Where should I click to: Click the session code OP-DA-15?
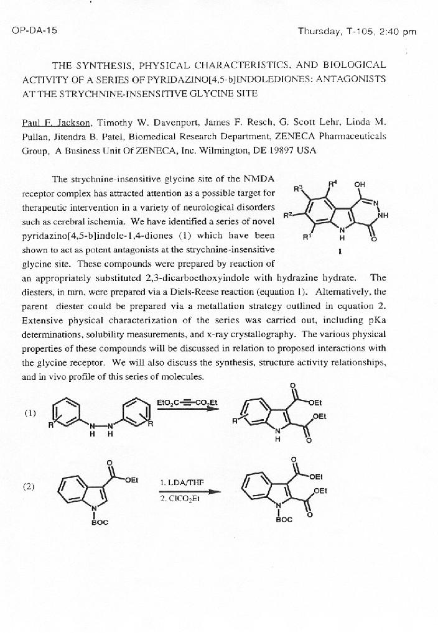(34, 31)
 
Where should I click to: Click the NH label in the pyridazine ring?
(383, 216)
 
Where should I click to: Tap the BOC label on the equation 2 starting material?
(100, 522)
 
